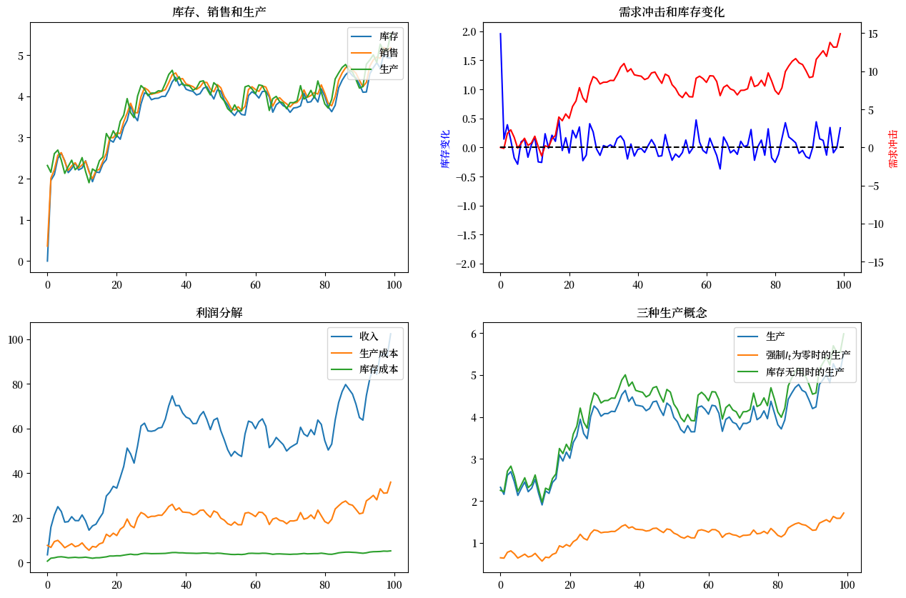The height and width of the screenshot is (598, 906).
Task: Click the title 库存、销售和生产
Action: (x=219, y=12)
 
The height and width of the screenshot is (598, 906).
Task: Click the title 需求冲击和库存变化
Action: (x=672, y=12)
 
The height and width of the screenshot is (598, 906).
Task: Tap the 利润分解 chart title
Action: (x=219, y=312)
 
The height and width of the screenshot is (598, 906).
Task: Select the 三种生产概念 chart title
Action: (x=672, y=312)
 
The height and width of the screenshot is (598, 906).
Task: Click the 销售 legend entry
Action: (x=389, y=52)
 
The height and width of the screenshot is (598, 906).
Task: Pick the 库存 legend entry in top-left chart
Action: (x=389, y=36)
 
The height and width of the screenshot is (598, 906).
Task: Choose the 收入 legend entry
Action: (x=369, y=336)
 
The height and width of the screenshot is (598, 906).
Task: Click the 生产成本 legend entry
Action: (x=379, y=353)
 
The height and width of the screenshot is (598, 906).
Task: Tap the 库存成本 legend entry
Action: (x=379, y=369)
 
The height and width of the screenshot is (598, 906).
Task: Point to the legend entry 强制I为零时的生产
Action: (x=807, y=354)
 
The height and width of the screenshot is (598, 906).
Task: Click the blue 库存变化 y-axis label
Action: (x=445, y=149)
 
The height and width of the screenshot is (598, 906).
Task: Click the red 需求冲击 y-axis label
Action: (x=893, y=149)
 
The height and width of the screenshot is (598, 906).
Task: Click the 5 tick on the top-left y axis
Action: (x=19, y=56)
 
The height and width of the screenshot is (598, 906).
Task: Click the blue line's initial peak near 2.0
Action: (x=500, y=34)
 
